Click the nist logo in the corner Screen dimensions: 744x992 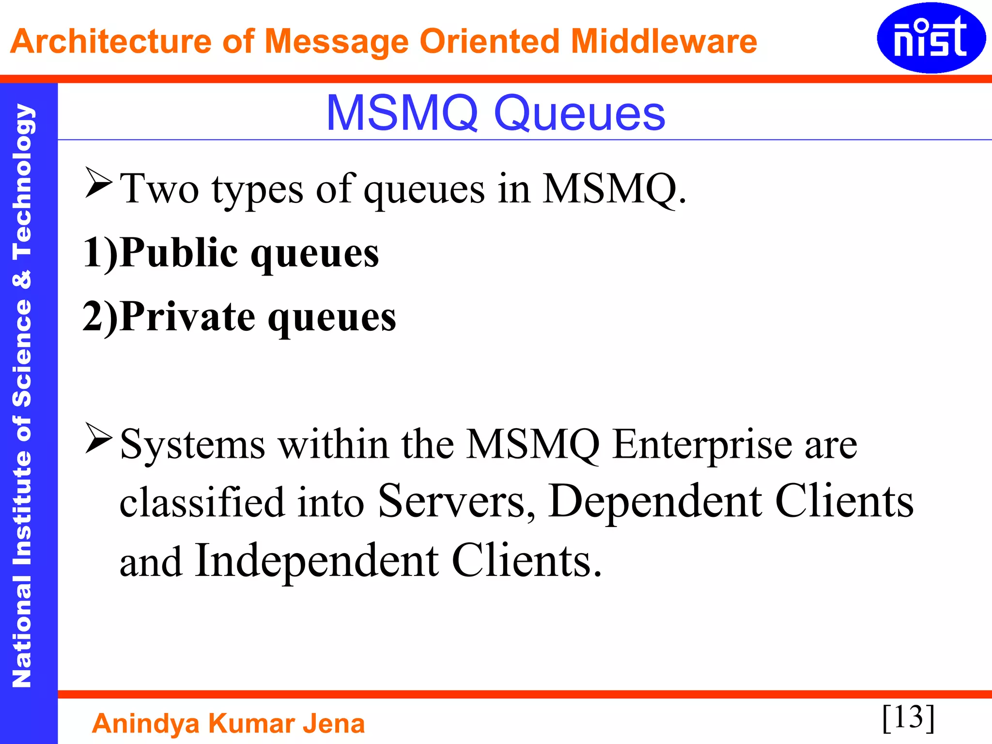tap(931, 38)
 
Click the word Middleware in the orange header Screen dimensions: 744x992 tap(664, 41)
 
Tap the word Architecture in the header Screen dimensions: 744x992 tap(111, 41)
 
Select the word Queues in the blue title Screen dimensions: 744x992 tap(579, 114)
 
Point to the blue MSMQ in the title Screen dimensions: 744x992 tap(403, 113)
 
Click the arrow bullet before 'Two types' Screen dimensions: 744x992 tap(98, 183)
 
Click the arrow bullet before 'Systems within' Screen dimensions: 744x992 tap(98, 438)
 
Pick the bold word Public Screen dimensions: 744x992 tap(179, 253)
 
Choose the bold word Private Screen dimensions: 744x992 tap(187, 317)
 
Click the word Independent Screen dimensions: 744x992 tap(317, 561)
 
